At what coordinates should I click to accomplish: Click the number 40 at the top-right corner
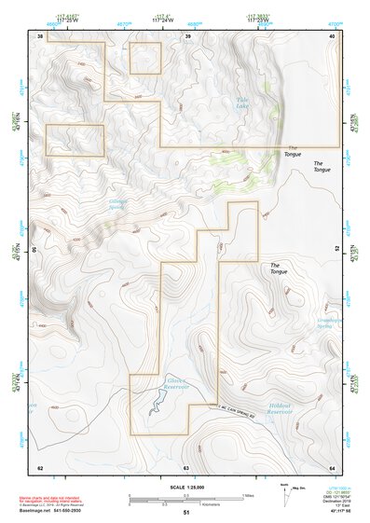pos(332,36)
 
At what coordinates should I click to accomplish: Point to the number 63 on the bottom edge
pos(186,467)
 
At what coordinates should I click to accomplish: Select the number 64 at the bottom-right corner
pos(332,467)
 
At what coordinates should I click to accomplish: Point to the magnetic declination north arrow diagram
pos(286,495)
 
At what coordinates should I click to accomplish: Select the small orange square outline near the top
pos(145,58)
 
